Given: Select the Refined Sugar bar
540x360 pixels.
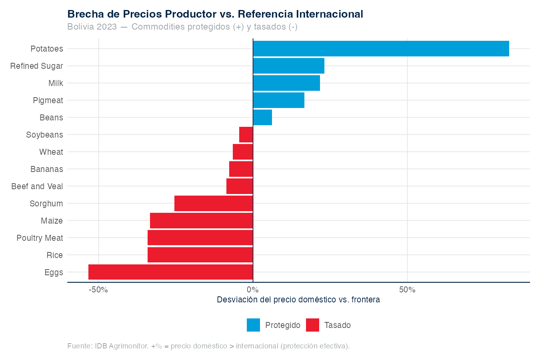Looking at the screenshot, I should click(288, 66).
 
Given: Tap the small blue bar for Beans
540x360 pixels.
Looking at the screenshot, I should click(262, 118).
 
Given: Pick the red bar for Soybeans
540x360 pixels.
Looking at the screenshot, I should click(246, 135).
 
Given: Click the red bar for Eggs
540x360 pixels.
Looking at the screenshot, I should click(170, 272).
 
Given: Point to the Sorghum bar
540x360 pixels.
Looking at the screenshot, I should click(214, 204).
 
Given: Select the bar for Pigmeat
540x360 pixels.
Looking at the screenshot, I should click(278, 100).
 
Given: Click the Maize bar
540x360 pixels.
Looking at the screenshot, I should click(201, 221).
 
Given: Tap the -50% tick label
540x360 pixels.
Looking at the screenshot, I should click(98, 290).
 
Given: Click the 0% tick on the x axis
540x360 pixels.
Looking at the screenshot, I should click(253, 290).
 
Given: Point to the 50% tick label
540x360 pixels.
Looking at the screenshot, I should click(407, 290).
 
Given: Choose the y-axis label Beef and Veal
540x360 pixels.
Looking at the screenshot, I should click(37, 186).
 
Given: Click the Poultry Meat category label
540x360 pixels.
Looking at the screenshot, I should click(40, 238).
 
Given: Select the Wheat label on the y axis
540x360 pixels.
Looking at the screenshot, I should click(51, 152).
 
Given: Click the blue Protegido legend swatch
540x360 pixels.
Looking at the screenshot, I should click(253, 325).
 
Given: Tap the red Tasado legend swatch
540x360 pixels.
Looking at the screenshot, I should click(312, 325).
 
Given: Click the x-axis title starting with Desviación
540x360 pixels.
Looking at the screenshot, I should click(298, 300).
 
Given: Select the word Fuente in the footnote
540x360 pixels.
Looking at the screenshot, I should click(79, 346).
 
